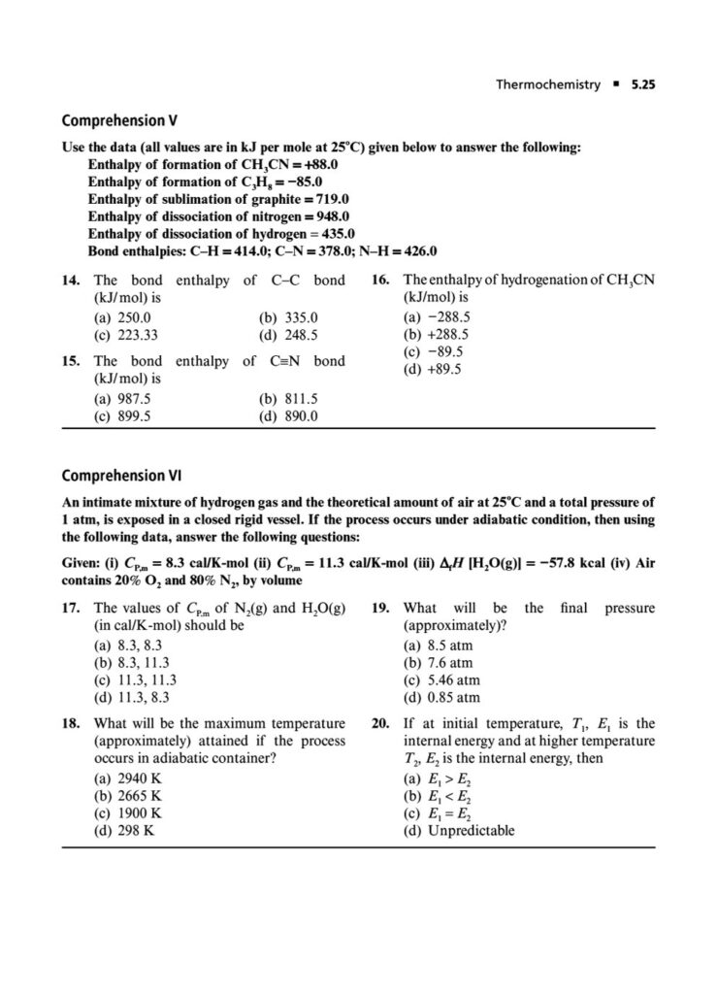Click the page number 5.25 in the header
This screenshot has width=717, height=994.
(x=639, y=84)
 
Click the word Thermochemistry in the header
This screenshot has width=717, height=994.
(x=548, y=84)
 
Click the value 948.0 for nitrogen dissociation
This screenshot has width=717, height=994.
(x=330, y=216)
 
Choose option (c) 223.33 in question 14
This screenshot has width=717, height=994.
(x=125, y=335)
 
